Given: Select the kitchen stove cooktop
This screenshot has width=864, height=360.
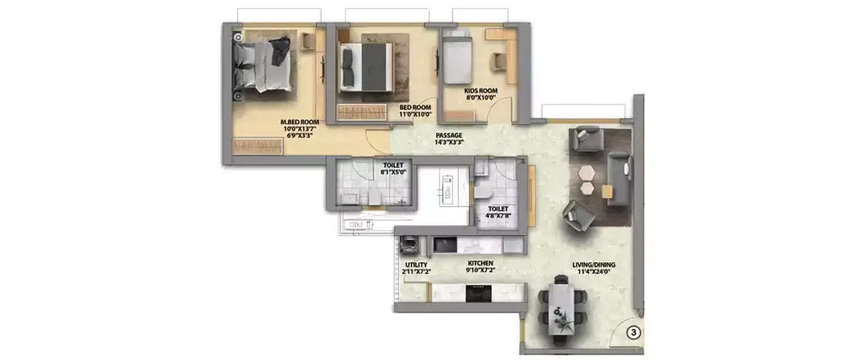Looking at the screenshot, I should [478, 293].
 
